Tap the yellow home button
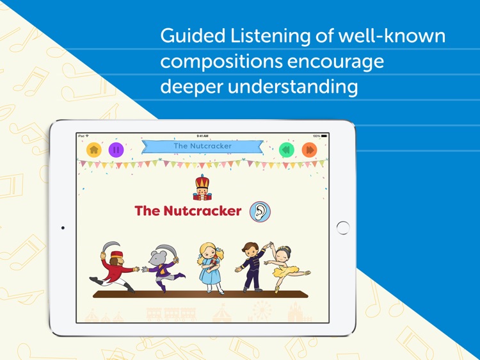(94, 150)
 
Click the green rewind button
(287, 150)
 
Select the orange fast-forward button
(310, 150)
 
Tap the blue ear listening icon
(260, 211)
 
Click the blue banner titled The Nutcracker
(202, 147)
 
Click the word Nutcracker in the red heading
(202, 211)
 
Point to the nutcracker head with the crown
(202, 188)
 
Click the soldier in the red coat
(114, 267)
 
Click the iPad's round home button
(343, 227)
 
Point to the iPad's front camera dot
(63, 227)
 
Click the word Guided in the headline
(193, 36)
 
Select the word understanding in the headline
(292, 87)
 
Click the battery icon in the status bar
(324, 136)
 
